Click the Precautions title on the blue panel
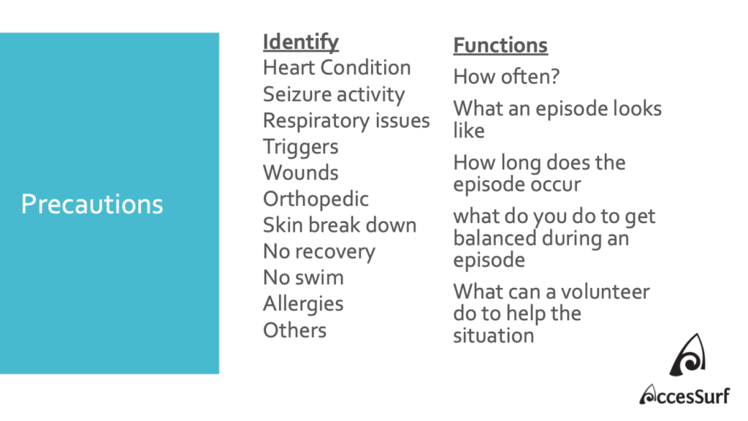click(92, 205)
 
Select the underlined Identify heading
click(300, 42)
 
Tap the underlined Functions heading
click(500, 46)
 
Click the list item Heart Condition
click(337, 68)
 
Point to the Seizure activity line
click(334, 94)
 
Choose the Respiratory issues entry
click(346, 121)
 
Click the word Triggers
click(300, 147)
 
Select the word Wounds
click(300, 172)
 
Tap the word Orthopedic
click(316, 199)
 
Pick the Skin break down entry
click(340, 225)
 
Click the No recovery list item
click(319, 251)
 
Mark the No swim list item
click(303, 278)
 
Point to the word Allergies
click(303, 304)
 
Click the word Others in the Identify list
click(295, 330)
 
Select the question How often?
click(506, 77)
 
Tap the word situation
click(494, 335)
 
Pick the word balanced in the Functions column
click(495, 238)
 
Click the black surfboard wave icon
click(688, 354)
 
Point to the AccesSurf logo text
click(684, 395)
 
